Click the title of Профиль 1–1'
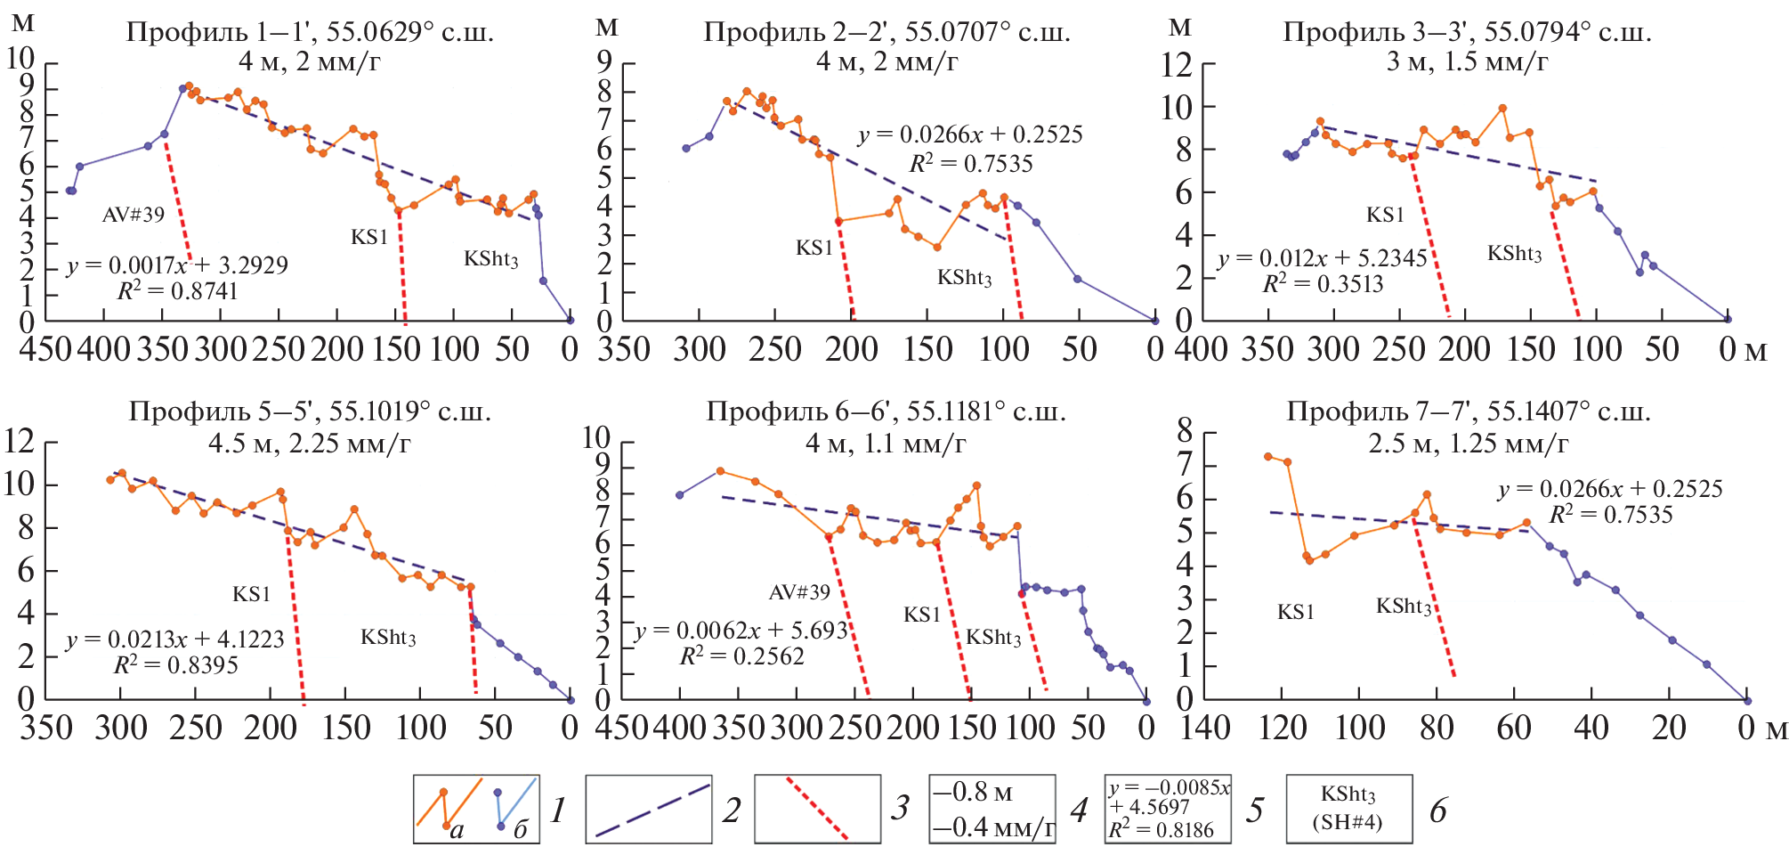310,32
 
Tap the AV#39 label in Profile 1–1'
134,214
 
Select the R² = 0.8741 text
178,291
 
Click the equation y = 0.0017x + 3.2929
177,265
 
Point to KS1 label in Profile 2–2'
814,248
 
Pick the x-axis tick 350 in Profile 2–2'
624,350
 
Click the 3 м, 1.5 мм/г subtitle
1467,61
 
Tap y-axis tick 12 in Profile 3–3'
1176,65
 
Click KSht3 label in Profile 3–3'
1514,254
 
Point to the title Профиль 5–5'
310,411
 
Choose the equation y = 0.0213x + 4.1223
174,639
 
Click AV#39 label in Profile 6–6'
799,592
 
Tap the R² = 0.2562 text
741,656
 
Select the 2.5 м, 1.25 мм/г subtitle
1468,443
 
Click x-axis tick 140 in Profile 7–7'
1205,729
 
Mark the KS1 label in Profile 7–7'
1295,612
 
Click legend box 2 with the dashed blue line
649,809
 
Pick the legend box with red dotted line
817,809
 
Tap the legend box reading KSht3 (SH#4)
1348,809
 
